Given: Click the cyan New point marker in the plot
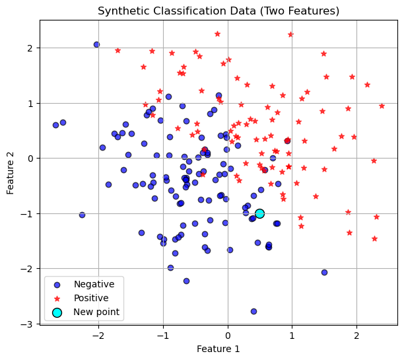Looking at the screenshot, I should tap(259, 213).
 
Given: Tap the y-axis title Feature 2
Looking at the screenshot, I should tap(11, 172).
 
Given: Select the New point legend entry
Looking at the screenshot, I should tap(96, 312).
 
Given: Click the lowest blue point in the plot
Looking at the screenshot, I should tap(253, 311).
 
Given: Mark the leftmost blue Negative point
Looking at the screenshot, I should tap(55, 125).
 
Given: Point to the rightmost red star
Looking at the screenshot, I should tap(382, 106).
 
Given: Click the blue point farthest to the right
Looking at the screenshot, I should tap(324, 272).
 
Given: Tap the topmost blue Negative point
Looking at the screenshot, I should tap(96, 44).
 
